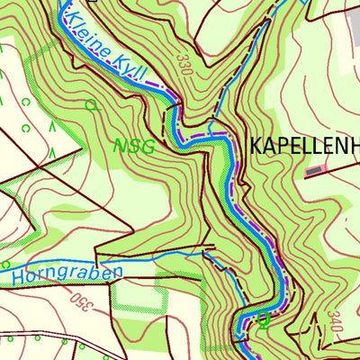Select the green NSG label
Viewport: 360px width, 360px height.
coord(134,146)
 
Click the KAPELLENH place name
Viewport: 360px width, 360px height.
coord(303,145)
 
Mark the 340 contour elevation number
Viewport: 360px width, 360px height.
coord(336,325)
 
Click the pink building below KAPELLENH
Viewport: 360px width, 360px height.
coord(313,168)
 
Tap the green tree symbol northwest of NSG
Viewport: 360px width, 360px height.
coord(90,105)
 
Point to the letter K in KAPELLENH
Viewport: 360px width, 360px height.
coord(256,145)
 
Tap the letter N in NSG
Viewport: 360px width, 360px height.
coord(120,146)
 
